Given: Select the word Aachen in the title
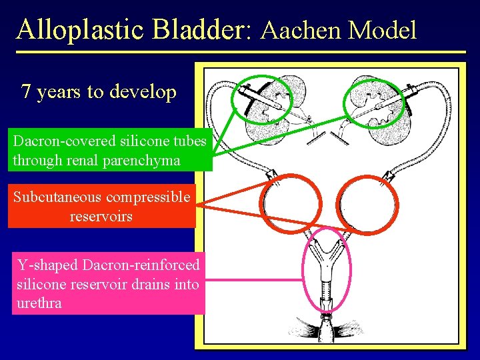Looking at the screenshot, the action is click(297, 31).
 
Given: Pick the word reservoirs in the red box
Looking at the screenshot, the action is click(101, 217).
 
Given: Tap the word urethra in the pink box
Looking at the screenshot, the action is click(38, 303).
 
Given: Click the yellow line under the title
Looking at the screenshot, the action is click(240, 52).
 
